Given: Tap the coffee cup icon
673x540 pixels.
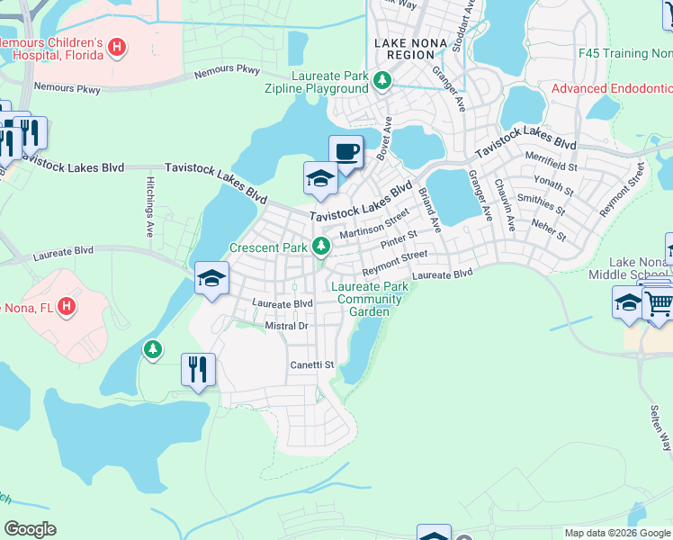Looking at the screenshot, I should [x=345, y=151].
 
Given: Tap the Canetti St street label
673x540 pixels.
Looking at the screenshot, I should [x=311, y=365].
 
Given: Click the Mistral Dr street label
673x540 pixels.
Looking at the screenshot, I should [x=287, y=326].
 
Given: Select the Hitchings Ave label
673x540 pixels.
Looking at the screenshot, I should [x=150, y=206].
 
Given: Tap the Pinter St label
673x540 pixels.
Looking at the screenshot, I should [x=399, y=241].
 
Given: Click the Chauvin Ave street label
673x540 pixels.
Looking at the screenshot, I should [x=504, y=206].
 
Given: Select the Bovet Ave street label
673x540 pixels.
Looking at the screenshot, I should [x=385, y=139].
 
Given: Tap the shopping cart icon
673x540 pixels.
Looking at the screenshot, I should [x=659, y=304].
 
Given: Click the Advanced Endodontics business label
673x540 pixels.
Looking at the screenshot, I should [x=612, y=88].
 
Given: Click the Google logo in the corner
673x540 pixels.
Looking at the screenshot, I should [x=30, y=529].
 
